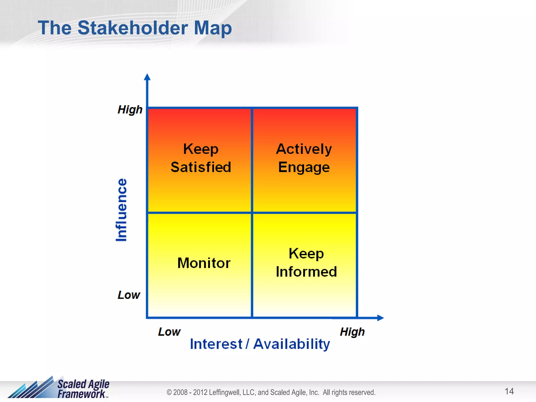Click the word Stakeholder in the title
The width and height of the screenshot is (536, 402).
[x=133, y=28]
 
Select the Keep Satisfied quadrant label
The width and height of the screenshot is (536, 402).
[x=201, y=158]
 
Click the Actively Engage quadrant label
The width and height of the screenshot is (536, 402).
[x=304, y=158]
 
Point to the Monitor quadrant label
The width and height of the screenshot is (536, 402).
[x=204, y=263]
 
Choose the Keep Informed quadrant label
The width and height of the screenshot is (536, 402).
[x=306, y=263]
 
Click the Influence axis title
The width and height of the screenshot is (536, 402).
[x=121, y=210]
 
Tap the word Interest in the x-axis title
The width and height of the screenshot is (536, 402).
[x=216, y=344]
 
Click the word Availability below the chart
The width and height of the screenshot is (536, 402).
[x=292, y=344]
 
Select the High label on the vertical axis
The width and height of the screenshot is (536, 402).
[x=130, y=110]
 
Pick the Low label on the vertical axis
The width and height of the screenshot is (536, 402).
[x=129, y=295]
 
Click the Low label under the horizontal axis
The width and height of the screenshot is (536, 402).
[x=169, y=332]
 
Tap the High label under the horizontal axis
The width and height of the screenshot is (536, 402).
[x=352, y=332]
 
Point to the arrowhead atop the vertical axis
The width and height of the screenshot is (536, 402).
[x=147, y=77]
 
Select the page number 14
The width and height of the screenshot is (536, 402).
[x=509, y=391]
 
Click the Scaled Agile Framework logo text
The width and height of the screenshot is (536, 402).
[x=83, y=389]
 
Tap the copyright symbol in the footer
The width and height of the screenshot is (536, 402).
[x=169, y=392]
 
